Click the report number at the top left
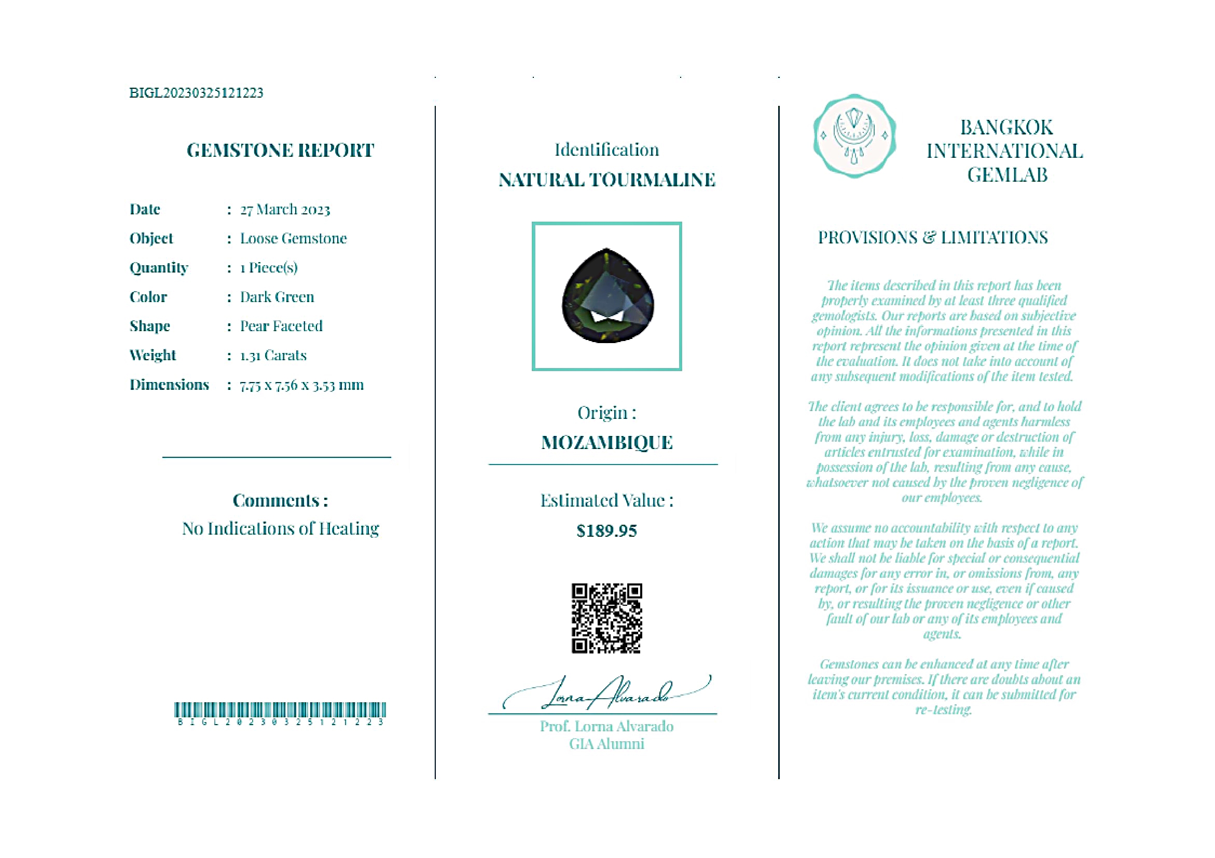pos(196,93)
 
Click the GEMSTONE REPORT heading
pos(280,151)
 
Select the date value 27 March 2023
pos(285,210)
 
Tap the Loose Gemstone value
pos(293,239)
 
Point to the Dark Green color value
pos(277,297)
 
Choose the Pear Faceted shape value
pos(281,326)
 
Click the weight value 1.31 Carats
pos(273,356)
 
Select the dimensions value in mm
pos(301,385)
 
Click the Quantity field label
pos(159,268)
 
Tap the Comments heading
pos(280,501)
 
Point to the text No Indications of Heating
pos(281,529)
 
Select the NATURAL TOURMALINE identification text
pos(606,180)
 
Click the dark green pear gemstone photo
pos(607,296)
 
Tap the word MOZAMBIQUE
pos(606,443)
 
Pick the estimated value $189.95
pos(606,531)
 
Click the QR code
pos(606,618)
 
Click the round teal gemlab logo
pos(854,136)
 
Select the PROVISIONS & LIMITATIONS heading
pos(932,238)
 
